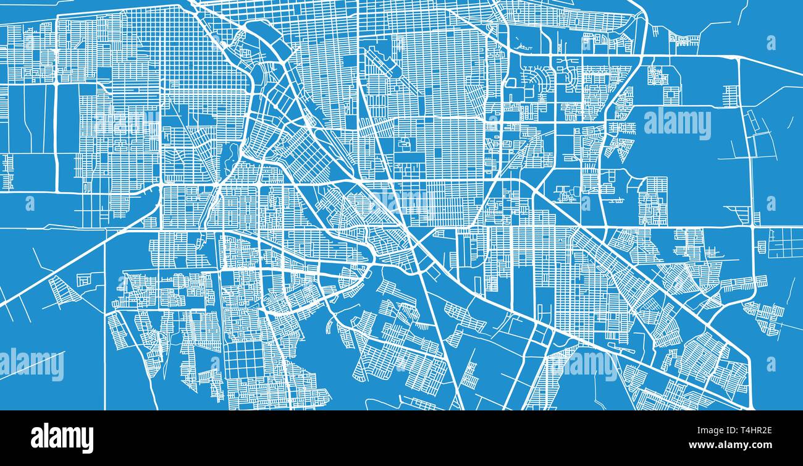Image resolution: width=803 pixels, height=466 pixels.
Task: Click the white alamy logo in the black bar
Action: tap(62, 438)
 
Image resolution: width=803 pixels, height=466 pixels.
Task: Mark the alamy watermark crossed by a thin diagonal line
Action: tap(32, 365)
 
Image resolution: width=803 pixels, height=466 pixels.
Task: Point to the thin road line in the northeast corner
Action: tap(741, 12)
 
